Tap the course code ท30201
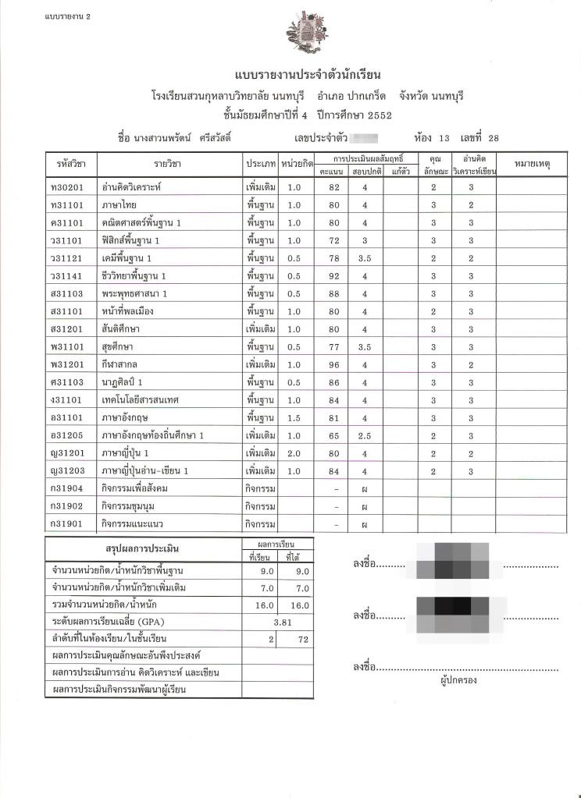66,188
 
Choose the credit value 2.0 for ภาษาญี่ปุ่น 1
294,453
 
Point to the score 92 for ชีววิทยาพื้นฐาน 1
334,276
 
